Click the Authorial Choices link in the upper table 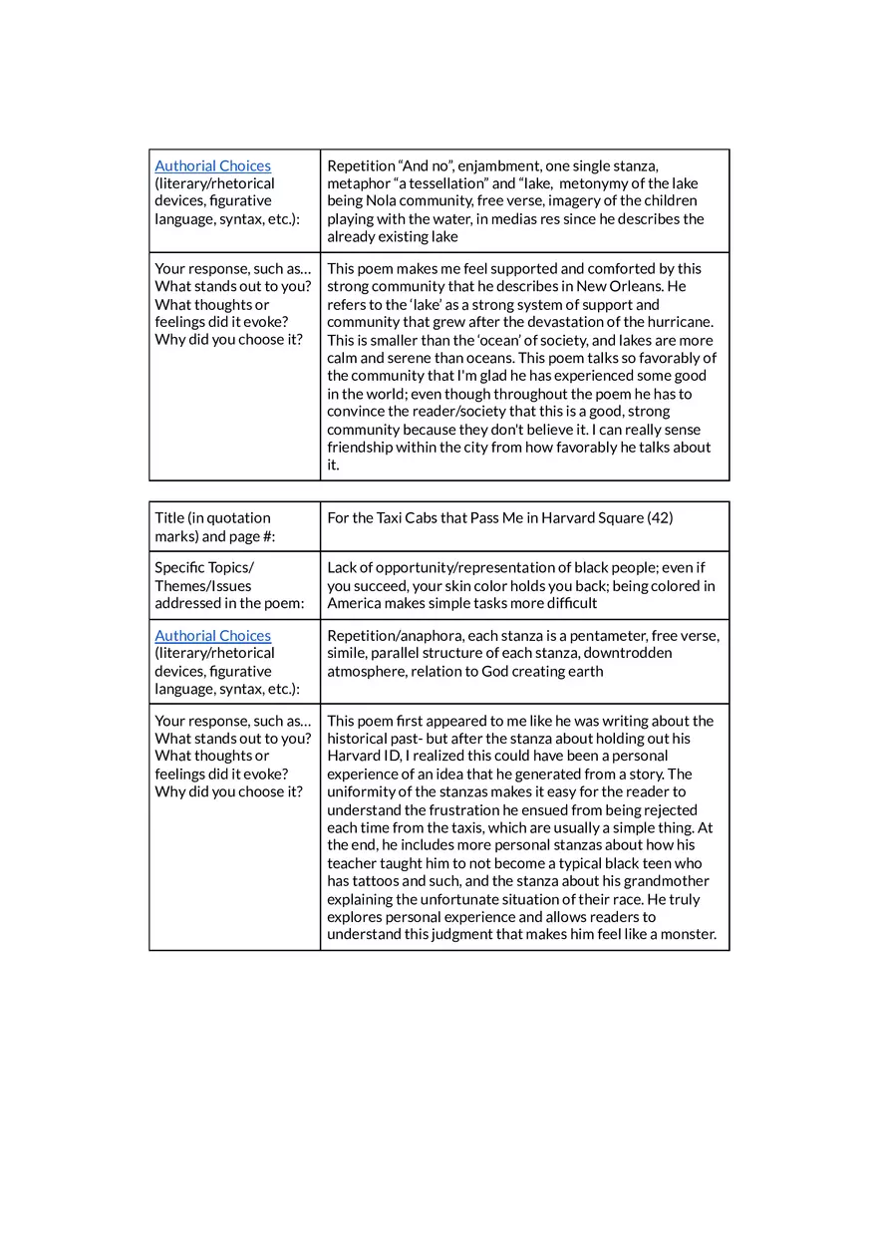point(212,165)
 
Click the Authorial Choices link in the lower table point(212,635)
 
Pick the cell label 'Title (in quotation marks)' point(212,526)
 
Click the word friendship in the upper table point(361,447)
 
